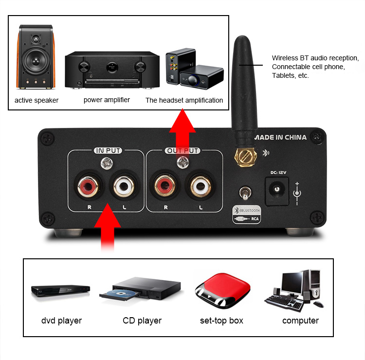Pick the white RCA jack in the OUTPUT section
tap(201, 186)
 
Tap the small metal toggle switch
tap(245, 193)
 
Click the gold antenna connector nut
tap(246, 157)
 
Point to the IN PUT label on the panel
tap(108, 150)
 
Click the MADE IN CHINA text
tap(280, 137)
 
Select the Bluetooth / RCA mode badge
tap(247, 215)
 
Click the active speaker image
tap(36, 57)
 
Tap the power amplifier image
tap(112, 70)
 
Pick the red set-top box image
tap(222, 291)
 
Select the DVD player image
tap(60, 290)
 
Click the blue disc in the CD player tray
tap(121, 294)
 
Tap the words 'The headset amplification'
tap(184, 100)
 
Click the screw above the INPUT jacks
tap(107, 163)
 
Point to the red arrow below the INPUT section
tap(108, 227)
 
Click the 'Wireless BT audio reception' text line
tap(315, 58)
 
